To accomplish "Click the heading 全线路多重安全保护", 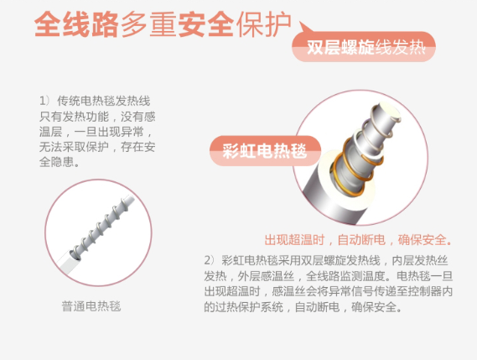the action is point(163,24).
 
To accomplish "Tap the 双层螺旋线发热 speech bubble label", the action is point(364,47).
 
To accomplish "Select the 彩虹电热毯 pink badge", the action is point(265,151).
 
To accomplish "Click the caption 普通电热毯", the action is point(91,306).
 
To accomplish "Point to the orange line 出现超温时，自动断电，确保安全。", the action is point(358,240).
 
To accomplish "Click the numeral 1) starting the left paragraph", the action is point(44,101).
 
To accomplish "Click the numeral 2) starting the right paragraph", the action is point(210,261).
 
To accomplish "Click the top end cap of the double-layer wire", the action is point(389,112).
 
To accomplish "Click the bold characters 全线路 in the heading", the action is point(76,24).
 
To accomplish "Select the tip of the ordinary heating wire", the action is point(131,199).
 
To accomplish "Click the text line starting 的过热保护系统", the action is point(303,307).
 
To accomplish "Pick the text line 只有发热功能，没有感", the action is point(97,117).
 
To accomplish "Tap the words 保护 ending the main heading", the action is point(263,24).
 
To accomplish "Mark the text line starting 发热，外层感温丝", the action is point(329,276).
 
